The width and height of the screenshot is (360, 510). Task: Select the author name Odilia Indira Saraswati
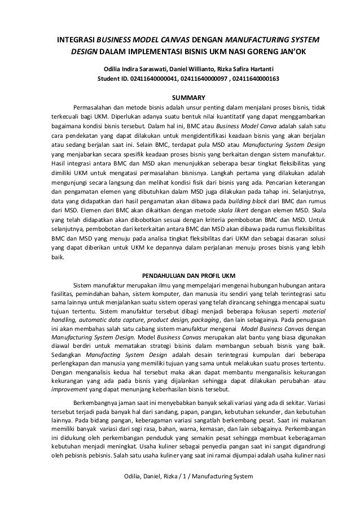click(130, 68)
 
